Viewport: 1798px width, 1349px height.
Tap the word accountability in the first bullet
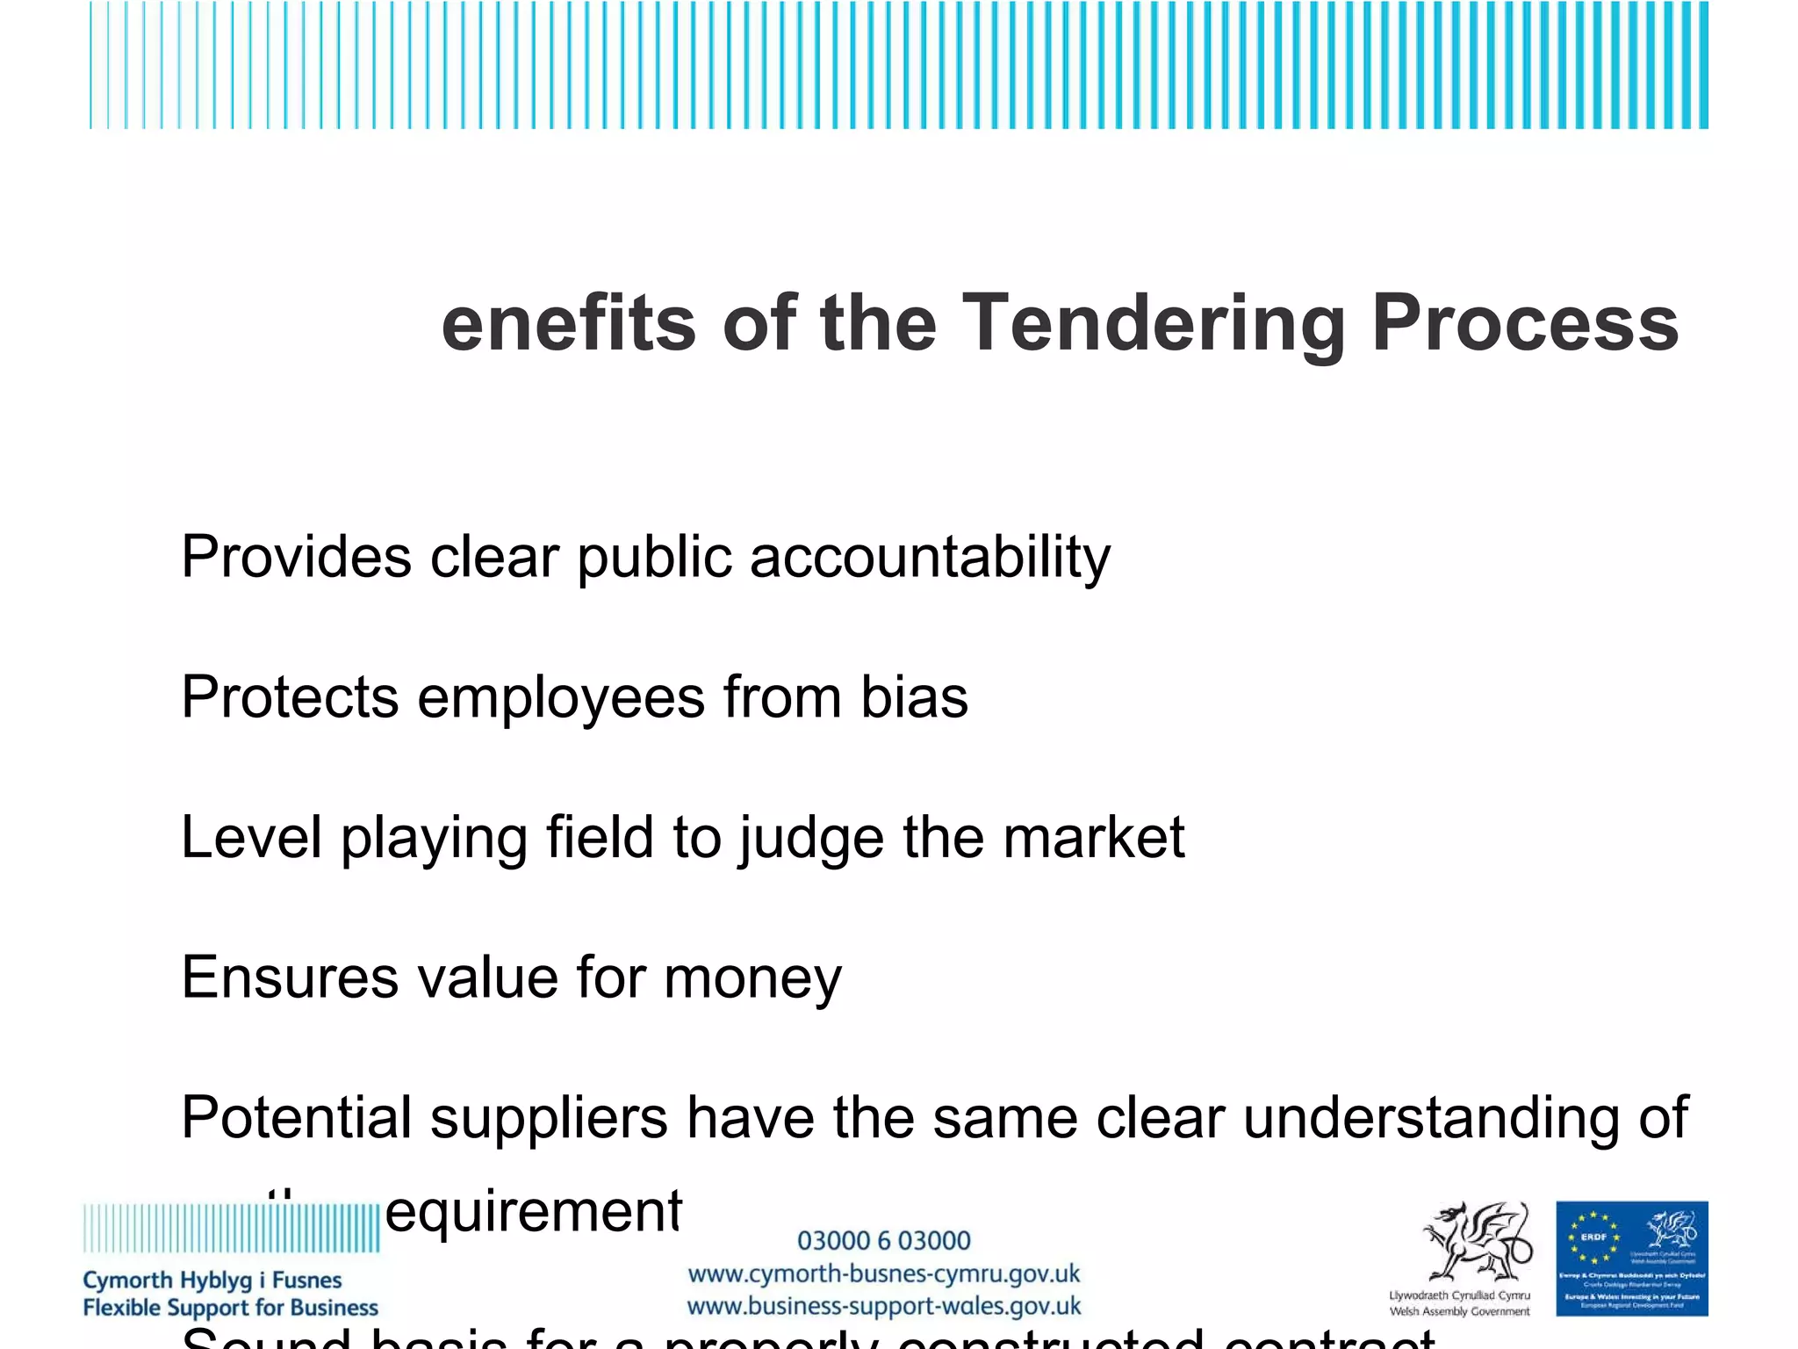click(930, 557)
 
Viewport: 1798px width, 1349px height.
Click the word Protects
click(290, 697)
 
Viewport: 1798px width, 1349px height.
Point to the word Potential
click(296, 1118)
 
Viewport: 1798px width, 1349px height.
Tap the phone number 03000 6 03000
click(883, 1241)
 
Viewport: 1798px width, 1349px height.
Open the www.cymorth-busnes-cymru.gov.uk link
click(883, 1274)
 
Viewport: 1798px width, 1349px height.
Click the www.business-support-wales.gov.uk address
click(883, 1307)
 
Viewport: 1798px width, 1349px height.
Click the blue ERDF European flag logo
click(1631, 1258)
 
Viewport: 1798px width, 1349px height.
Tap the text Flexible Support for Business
click(230, 1308)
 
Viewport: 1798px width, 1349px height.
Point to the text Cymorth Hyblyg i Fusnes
click(212, 1280)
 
